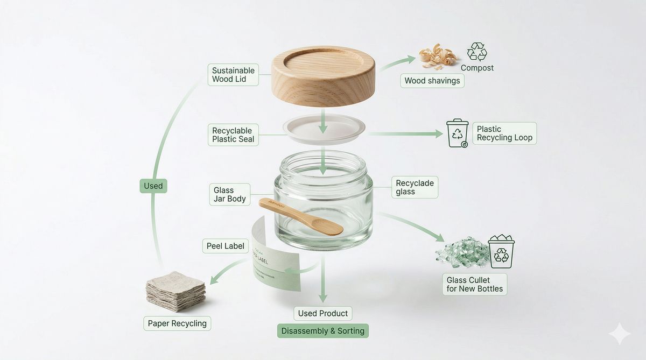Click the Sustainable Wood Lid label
coord(233,75)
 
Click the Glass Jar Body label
coord(229,194)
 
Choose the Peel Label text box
coord(226,246)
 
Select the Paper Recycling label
coord(177,323)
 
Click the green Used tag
coord(153,186)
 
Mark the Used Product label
coord(323,313)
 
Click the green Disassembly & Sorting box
coord(323,331)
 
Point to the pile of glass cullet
coord(462,252)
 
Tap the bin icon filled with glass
coord(501,251)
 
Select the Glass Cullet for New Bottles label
coord(475,284)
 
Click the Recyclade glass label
coord(415,187)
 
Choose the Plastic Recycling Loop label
coord(504,133)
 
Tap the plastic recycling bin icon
coord(458,133)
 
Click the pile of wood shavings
coord(437,56)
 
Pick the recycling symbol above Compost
coord(477,52)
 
